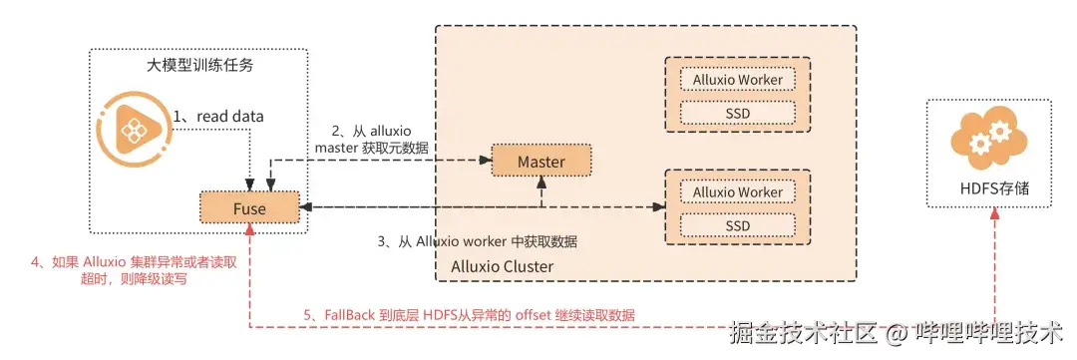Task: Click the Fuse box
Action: (248, 207)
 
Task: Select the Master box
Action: (540, 162)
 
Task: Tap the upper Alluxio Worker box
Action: (738, 80)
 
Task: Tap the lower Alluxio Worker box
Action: (738, 192)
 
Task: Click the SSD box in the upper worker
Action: (738, 113)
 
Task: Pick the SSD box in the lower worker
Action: (738, 225)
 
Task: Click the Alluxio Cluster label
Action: (503, 266)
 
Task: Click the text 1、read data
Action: (218, 117)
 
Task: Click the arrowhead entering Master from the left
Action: (486, 160)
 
